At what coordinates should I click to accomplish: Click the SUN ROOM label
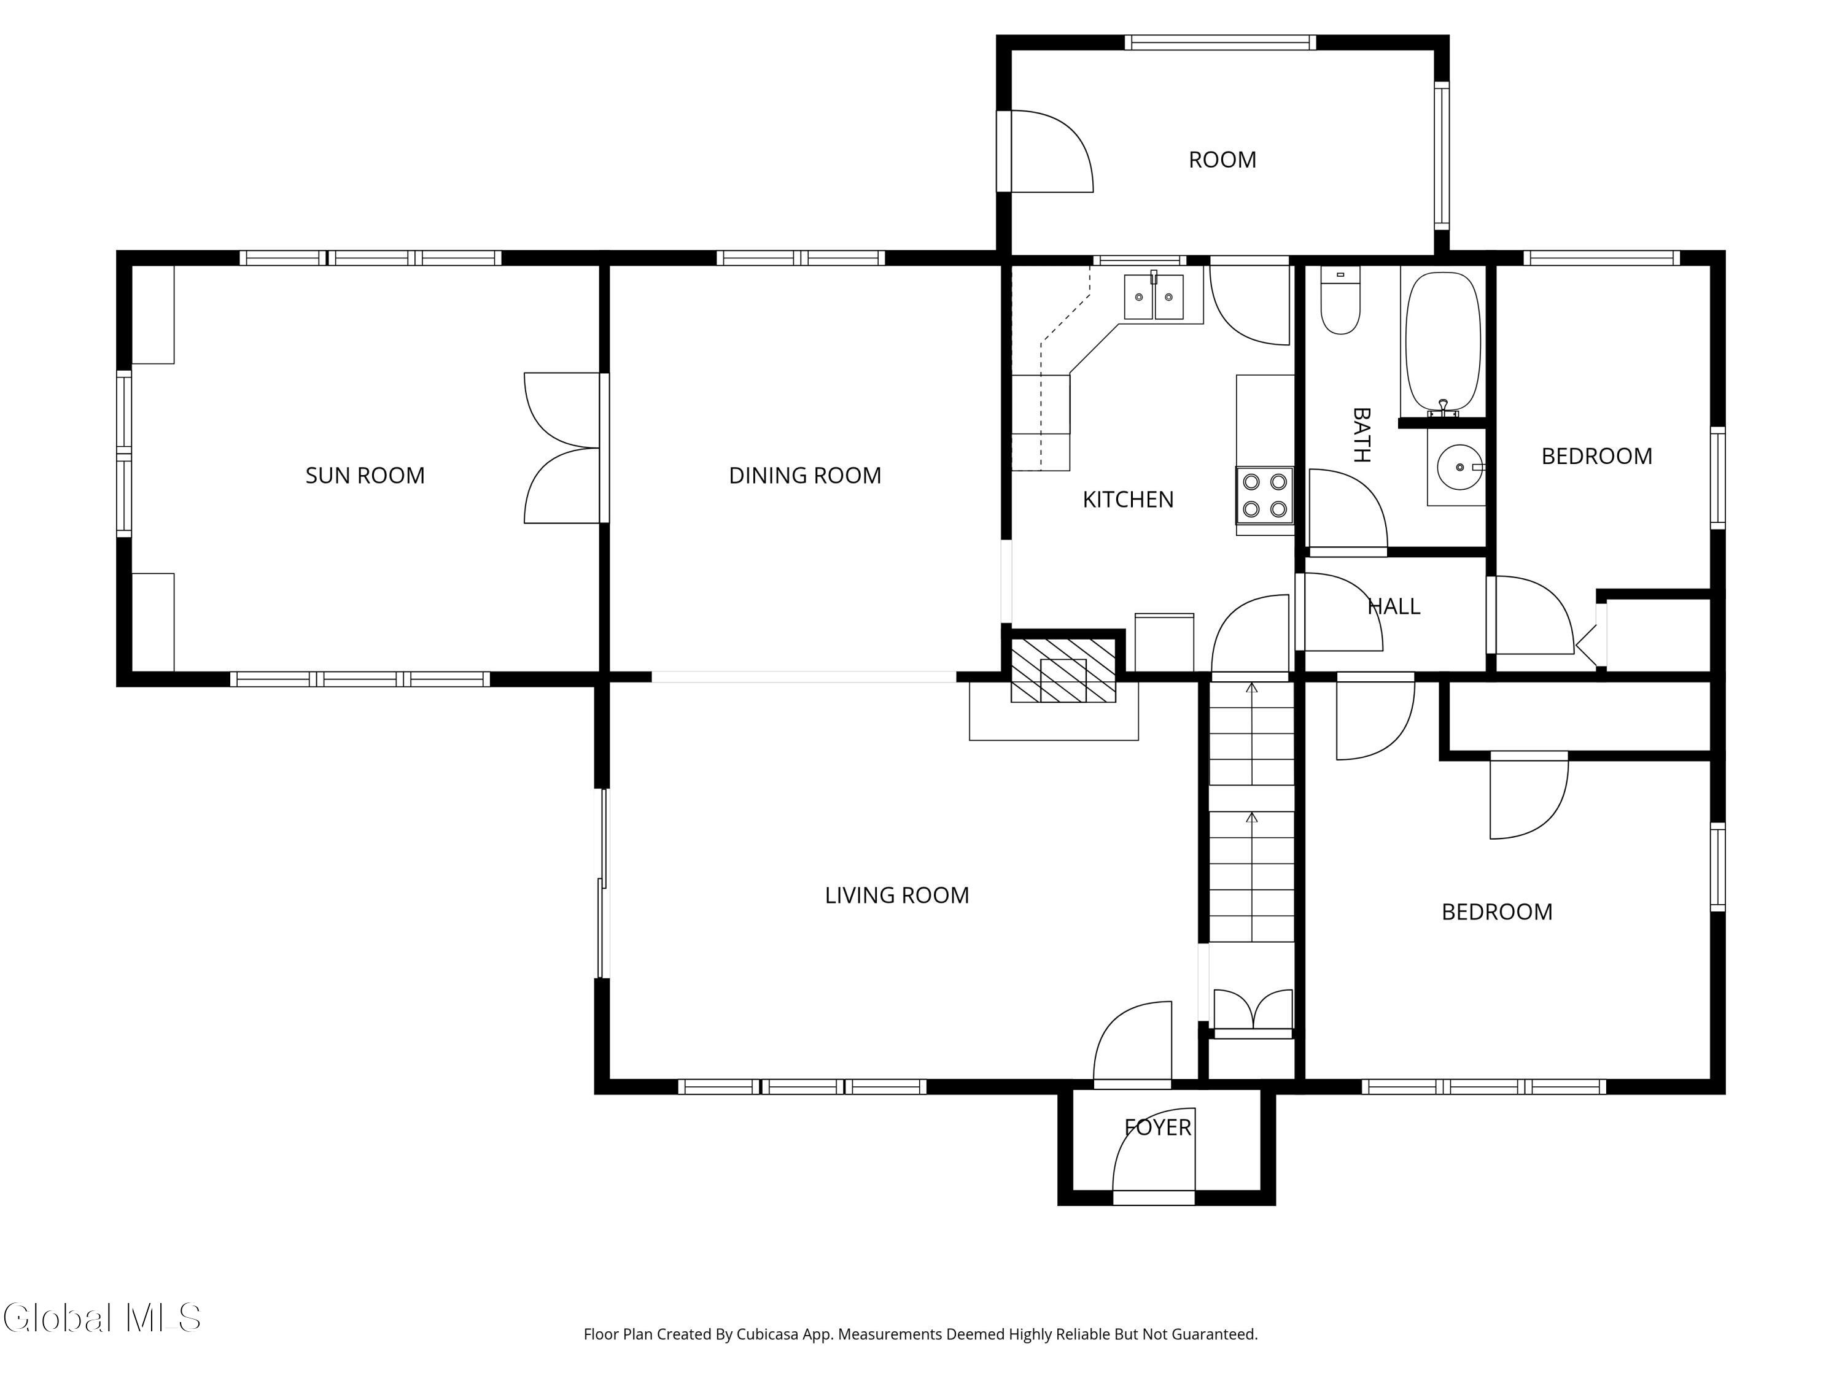(x=365, y=475)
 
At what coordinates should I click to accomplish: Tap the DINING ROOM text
(x=804, y=475)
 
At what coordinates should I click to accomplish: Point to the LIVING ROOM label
(x=897, y=895)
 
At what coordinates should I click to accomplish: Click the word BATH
(x=1361, y=434)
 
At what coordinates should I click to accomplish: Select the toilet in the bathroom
(x=1341, y=301)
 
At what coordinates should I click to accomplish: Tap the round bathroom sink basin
(x=1459, y=467)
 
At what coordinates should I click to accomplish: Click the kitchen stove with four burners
(x=1264, y=495)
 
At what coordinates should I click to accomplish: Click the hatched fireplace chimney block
(x=1063, y=670)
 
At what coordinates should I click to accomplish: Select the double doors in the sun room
(x=562, y=448)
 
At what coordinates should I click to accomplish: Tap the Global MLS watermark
(x=101, y=1318)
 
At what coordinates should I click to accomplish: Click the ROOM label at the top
(x=1222, y=160)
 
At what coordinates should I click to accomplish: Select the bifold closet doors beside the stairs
(x=1253, y=1012)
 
